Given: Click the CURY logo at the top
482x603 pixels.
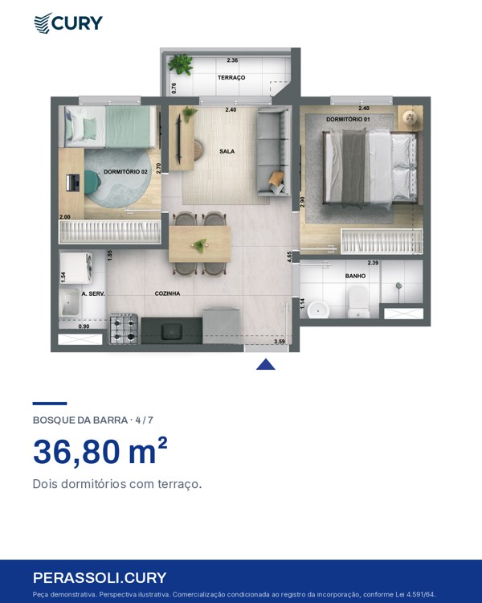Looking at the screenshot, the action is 68,23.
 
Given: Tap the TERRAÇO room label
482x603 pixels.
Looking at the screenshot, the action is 231,78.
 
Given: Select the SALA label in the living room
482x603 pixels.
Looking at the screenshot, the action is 227,151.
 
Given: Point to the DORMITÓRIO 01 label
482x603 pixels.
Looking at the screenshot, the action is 348,120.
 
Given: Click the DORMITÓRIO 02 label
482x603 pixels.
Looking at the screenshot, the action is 125,172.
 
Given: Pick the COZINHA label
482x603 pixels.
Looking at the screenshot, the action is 167,293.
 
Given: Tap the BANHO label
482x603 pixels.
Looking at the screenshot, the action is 355,276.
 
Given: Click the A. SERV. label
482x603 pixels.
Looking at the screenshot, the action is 93,293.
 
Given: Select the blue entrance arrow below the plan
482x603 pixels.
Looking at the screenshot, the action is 266,364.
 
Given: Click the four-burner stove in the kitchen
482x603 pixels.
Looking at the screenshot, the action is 125,329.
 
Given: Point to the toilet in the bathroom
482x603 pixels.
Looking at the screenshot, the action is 358,301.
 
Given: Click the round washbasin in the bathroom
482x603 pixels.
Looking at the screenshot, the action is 318,310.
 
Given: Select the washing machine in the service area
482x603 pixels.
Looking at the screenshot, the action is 76,267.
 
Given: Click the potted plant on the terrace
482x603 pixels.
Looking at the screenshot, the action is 180,64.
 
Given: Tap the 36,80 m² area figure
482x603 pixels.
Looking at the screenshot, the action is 100,452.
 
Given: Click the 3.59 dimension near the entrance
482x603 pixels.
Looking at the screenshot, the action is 280,342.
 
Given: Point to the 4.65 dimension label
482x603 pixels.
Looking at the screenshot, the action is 289,257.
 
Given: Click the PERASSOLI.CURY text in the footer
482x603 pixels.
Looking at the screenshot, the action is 100,578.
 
